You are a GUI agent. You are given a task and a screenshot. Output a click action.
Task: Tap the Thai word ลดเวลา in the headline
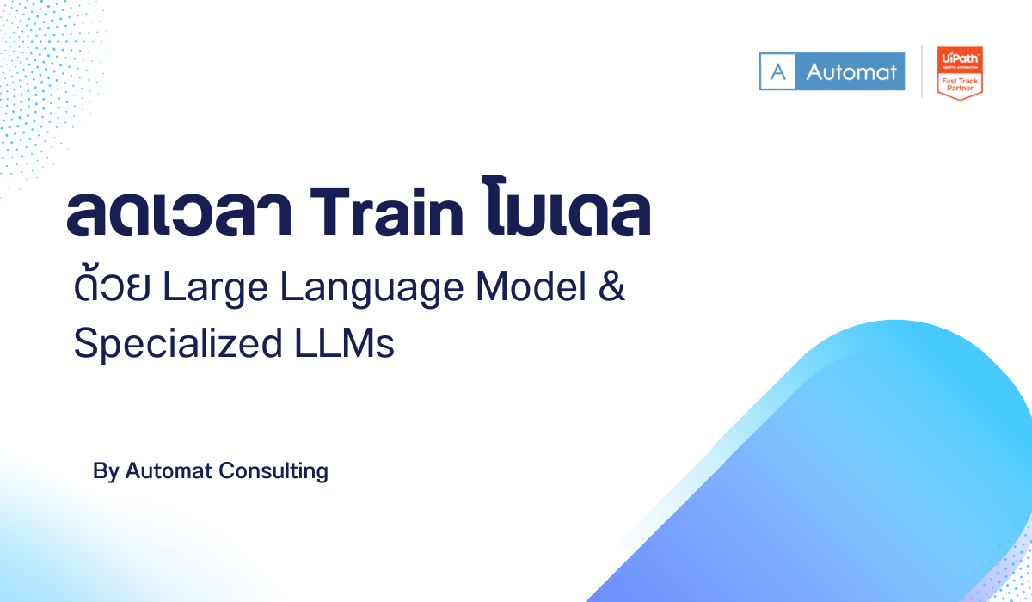(x=176, y=216)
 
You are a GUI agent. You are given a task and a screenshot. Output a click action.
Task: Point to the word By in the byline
(x=105, y=471)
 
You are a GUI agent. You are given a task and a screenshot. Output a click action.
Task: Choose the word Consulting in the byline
(x=273, y=471)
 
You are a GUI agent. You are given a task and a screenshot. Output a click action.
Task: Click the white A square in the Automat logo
(x=779, y=72)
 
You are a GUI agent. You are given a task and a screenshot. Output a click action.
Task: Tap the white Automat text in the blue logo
(x=851, y=72)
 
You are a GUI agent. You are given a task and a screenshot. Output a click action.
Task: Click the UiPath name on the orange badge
(x=959, y=57)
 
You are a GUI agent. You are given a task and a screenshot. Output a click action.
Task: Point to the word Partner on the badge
(x=960, y=87)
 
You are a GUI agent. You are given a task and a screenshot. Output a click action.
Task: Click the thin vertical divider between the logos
(x=922, y=71)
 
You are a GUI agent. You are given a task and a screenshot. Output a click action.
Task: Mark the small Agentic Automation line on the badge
(x=960, y=66)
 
